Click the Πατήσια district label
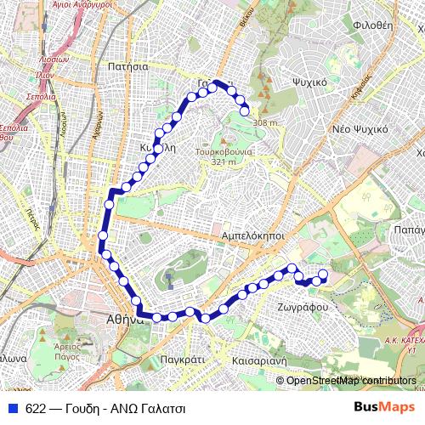pyautogui.click(x=129, y=65)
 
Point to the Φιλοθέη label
pyautogui.click(x=371, y=25)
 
